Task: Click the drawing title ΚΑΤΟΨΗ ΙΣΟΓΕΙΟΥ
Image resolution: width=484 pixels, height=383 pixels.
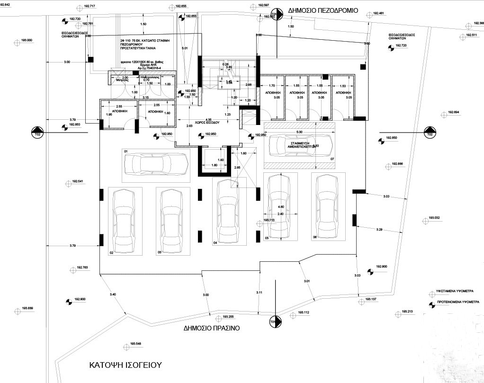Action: pos(126,365)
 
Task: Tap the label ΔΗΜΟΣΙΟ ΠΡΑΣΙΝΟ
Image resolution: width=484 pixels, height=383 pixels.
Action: pos(212,328)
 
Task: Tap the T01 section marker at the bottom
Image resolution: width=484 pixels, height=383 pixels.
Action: pos(273,322)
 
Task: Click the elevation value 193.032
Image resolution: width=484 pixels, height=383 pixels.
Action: pos(434,218)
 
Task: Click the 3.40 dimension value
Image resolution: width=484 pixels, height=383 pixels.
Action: pos(113,295)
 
